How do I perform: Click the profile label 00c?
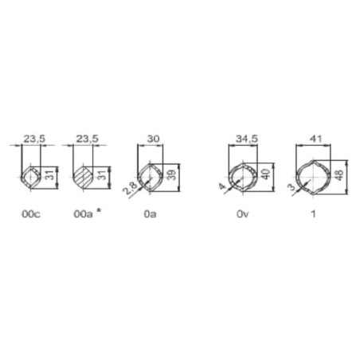click(x=31, y=214)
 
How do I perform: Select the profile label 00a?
click(x=83, y=214)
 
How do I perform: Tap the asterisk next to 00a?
click(x=99, y=211)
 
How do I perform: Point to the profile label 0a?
click(x=150, y=214)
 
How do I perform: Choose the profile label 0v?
click(x=243, y=214)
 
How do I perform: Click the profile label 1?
click(x=314, y=214)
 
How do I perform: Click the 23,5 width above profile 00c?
click(x=34, y=139)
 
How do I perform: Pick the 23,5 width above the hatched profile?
click(x=88, y=139)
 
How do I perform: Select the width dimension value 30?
click(x=153, y=139)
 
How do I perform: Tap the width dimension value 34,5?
click(x=247, y=139)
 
